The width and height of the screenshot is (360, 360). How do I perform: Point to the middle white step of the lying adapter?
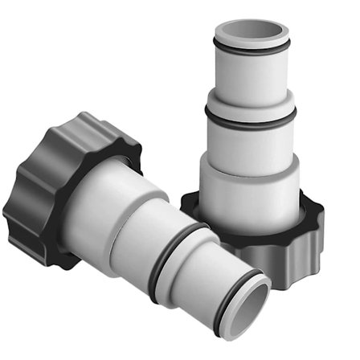point(161,234)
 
